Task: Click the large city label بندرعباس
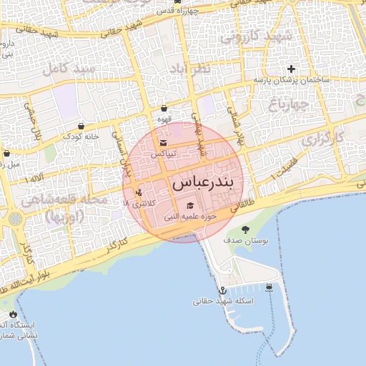[x=203, y=182]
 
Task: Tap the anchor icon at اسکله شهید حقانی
[x=222, y=290]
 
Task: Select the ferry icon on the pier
[x=269, y=287]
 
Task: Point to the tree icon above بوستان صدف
[x=245, y=229]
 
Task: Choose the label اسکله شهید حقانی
[x=223, y=302]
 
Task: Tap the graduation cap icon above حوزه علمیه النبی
[x=189, y=206]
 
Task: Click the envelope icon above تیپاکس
[x=164, y=142]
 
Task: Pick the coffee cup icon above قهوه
[x=164, y=109]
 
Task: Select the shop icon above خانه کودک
[x=81, y=124]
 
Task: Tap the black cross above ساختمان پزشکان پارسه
[x=291, y=69]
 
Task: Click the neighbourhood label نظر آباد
[x=190, y=69]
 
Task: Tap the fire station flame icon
[x=12, y=314]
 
